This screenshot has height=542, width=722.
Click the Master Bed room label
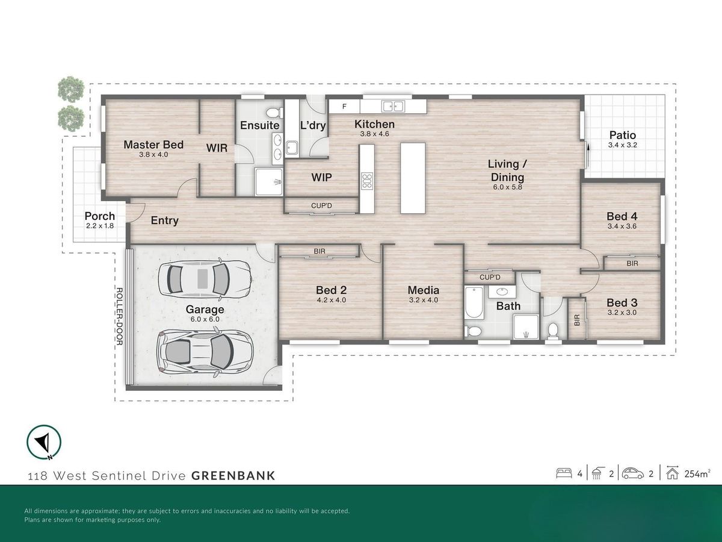pos(153,145)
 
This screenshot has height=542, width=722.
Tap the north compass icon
pos(44,442)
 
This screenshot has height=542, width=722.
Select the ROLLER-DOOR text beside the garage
pos(119,316)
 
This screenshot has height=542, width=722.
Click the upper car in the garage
pos(205,279)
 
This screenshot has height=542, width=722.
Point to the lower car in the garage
pos(204,352)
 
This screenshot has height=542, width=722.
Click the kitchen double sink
pos(393,106)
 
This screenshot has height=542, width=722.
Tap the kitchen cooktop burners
pos(367,181)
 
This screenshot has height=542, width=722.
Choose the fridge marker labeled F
pos(344,107)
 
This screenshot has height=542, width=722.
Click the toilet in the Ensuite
pos(274,113)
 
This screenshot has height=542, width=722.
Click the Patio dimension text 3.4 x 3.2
pos(622,145)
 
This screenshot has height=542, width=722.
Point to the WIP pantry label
pos(321,178)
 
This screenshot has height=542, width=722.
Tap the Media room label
pos(424,290)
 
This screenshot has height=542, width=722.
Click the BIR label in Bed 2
pos(319,251)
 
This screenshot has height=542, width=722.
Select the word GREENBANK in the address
pos(233,476)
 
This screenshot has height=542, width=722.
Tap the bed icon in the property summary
pos(564,473)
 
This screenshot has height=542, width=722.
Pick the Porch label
pos(100,216)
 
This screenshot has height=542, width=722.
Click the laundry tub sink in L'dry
pos(292,148)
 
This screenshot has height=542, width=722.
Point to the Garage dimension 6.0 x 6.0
pos(205,319)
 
